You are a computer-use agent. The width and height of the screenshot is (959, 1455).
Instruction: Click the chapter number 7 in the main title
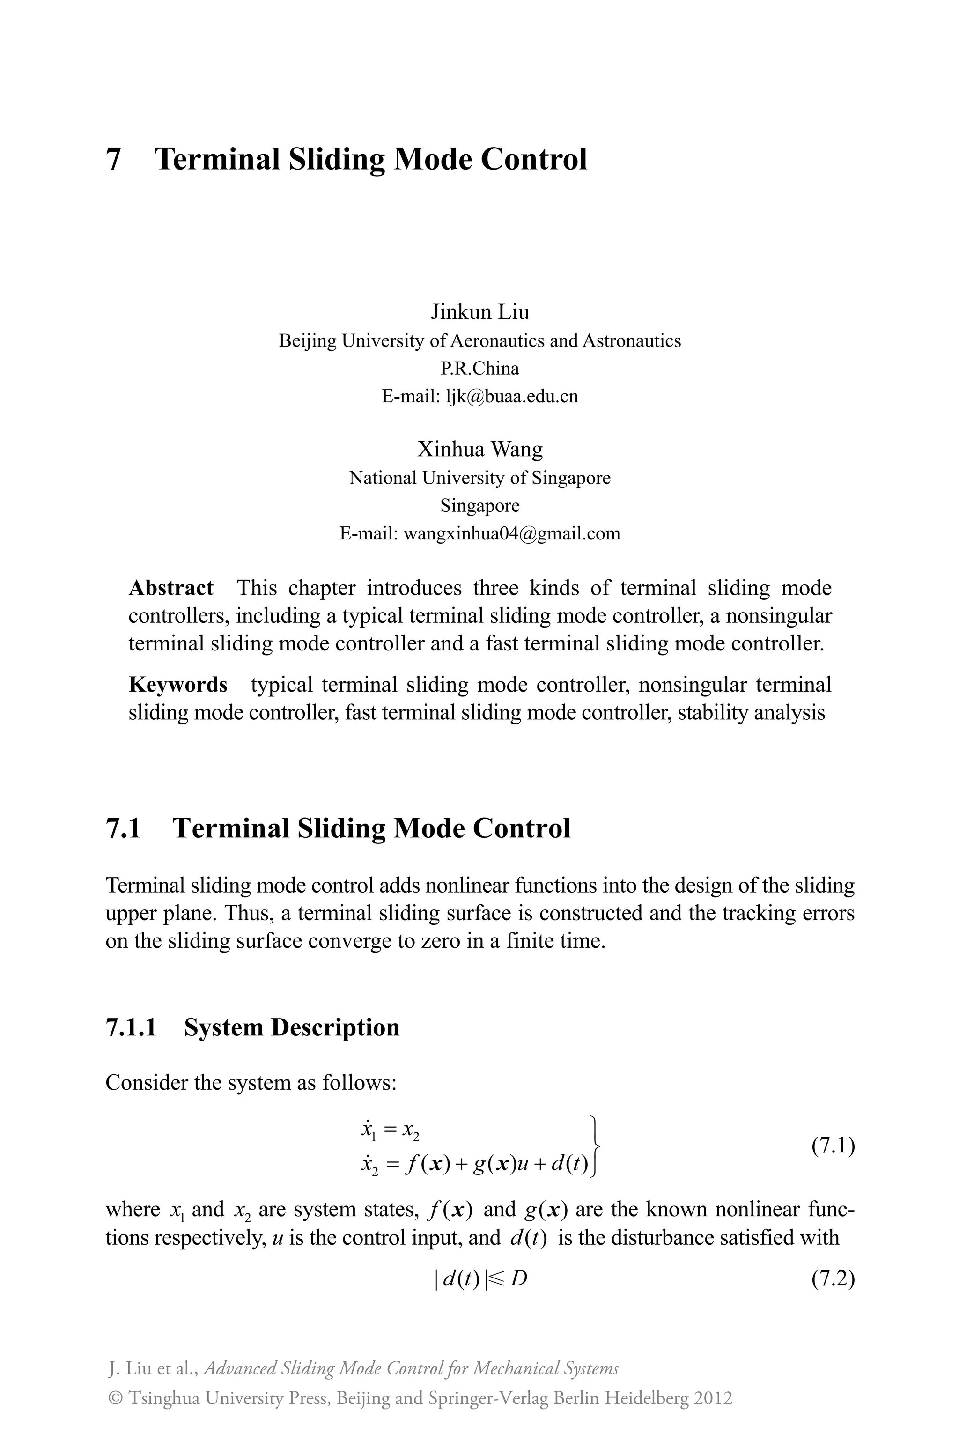tap(113, 160)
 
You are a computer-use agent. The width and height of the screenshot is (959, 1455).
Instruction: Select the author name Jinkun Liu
tap(479, 312)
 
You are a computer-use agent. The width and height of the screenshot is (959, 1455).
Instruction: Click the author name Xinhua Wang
tap(479, 450)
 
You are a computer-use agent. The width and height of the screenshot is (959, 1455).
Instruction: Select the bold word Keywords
tap(178, 684)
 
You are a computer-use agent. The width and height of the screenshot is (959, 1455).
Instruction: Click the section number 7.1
tap(124, 829)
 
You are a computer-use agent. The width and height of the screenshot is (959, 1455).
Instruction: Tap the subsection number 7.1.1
tap(131, 1027)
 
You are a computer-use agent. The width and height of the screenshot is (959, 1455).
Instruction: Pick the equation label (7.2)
tap(833, 1279)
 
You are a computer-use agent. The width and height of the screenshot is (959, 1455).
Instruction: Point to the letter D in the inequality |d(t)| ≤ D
tap(519, 1279)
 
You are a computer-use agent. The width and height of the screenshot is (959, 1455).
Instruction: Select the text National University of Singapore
tap(479, 478)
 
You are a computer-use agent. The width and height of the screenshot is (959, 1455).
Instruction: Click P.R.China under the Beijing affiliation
tap(479, 369)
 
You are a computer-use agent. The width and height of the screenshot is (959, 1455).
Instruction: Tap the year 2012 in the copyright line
tap(713, 1398)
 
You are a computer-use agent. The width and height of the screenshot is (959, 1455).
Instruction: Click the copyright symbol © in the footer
tap(114, 1399)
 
